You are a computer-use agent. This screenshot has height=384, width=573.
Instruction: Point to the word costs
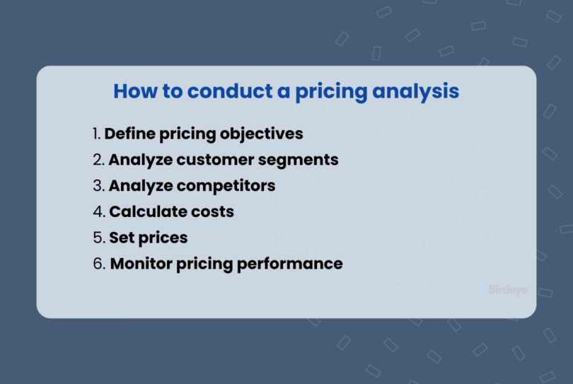click(212, 211)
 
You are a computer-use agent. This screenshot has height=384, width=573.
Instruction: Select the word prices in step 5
click(163, 238)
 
